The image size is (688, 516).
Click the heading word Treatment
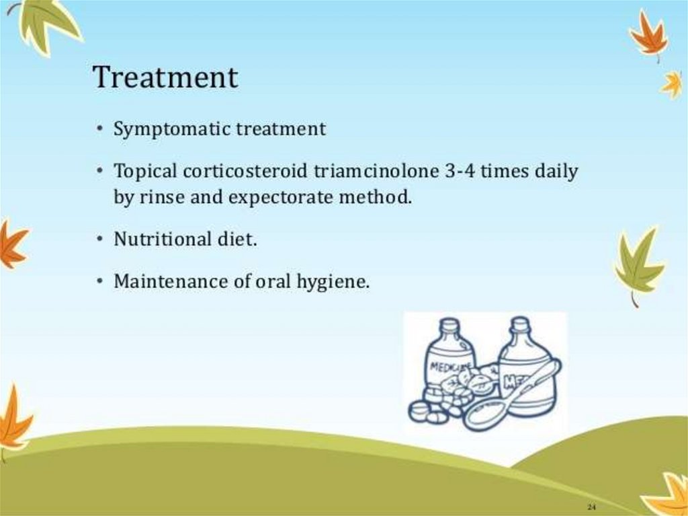[165, 77]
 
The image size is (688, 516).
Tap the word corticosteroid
[245, 172]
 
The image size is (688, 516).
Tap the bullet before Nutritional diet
[101, 239]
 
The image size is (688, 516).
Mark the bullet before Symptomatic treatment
[101, 129]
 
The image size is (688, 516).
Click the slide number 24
[591, 507]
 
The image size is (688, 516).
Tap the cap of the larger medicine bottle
[521, 324]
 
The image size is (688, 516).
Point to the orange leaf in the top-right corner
[650, 35]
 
